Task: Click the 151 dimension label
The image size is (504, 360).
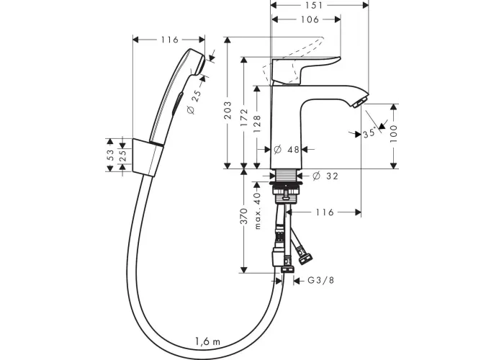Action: pyautogui.click(x=314, y=6)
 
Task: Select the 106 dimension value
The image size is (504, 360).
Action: pyautogui.click(x=310, y=19)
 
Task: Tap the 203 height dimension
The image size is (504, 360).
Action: pyautogui.click(x=228, y=110)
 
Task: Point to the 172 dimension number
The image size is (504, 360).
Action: pyautogui.click(x=244, y=117)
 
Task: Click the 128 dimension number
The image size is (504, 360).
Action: pyautogui.click(x=257, y=124)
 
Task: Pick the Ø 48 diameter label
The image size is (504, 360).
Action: pyautogui.click(x=287, y=150)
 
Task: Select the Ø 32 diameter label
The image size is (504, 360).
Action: pyautogui.click(x=325, y=176)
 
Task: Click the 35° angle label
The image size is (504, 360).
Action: pyautogui.click(x=369, y=132)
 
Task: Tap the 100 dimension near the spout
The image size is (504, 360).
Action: pyautogui.click(x=394, y=134)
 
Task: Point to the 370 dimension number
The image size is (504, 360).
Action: pyautogui.click(x=244, y=216)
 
